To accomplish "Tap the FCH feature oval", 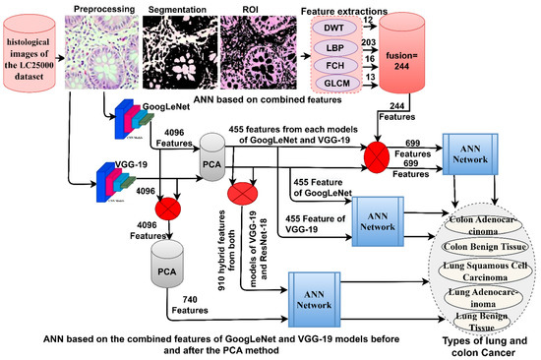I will pyautogui.click(x=356, y=69).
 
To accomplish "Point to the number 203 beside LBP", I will pyautogui.click(x=398, y=41).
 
